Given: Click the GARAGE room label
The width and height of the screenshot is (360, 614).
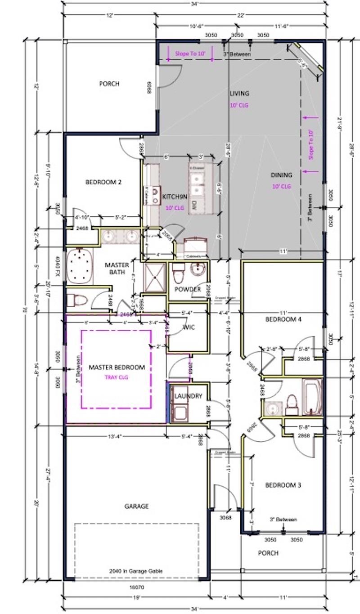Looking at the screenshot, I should coord(136,506).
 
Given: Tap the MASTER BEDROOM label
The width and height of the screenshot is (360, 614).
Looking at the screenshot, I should coord(117,368).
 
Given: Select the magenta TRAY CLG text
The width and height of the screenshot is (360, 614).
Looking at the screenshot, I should coord(117,377).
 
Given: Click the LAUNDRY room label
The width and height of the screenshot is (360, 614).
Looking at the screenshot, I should coord(189,396).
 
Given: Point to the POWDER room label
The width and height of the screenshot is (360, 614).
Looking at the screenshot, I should coord(188,289).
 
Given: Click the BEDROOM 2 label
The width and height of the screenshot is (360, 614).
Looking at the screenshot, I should coord(103,183).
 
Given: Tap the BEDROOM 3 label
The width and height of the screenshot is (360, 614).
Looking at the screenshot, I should coord(283,485).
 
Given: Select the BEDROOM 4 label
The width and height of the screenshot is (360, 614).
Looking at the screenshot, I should coord(283,320).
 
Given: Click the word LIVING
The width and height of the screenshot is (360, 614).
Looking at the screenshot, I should coord(239,94).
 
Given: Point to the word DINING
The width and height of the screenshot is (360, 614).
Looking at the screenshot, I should coord(281,175).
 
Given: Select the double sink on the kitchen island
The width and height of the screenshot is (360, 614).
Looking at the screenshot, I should coord(197,183).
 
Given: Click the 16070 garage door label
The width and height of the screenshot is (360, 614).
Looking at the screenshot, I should coord(137,587).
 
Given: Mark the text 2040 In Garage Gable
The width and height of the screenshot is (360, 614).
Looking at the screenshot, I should coord(136,571).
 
